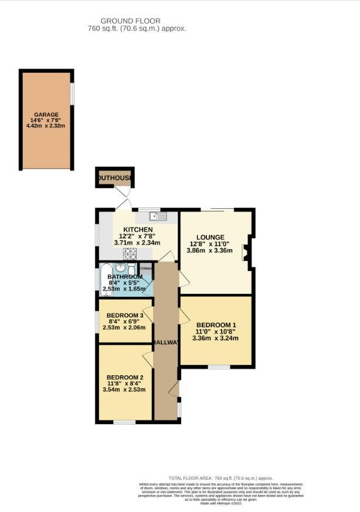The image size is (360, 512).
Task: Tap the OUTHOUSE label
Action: tap(115, 178)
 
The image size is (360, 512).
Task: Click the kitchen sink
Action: tap(158, 216)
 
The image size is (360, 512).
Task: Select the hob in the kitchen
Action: tap(130, 253)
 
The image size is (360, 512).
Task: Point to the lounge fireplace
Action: tap(249, 252)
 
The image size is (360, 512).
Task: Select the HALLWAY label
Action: tap(167, 343)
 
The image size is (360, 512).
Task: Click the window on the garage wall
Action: tap(73, 94)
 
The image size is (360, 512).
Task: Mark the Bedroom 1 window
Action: tap(219, 367)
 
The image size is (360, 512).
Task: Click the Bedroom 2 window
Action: tap(124, 422)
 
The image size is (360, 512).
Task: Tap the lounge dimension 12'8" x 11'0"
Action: tap(209, 244)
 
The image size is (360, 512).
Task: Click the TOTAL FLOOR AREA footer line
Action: tap(220, 479)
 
